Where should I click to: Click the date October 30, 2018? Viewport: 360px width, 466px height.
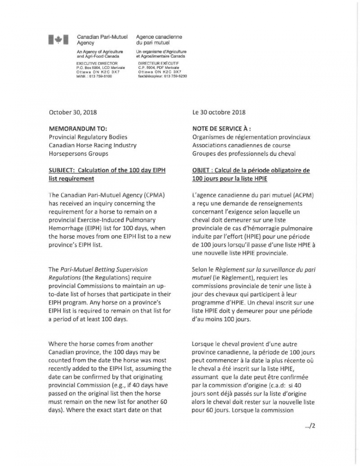click(x=72, y=112)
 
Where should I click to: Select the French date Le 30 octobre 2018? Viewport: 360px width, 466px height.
click(x=219, y=112)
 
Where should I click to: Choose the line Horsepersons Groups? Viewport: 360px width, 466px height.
click(x=78, y=153)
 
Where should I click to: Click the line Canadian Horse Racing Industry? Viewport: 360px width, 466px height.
click(x=92, y=145)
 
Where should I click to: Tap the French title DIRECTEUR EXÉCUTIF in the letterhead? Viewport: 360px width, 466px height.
click(x=158, y=63)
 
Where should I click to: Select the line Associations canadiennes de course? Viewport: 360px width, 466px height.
click(x=241, y=145)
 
